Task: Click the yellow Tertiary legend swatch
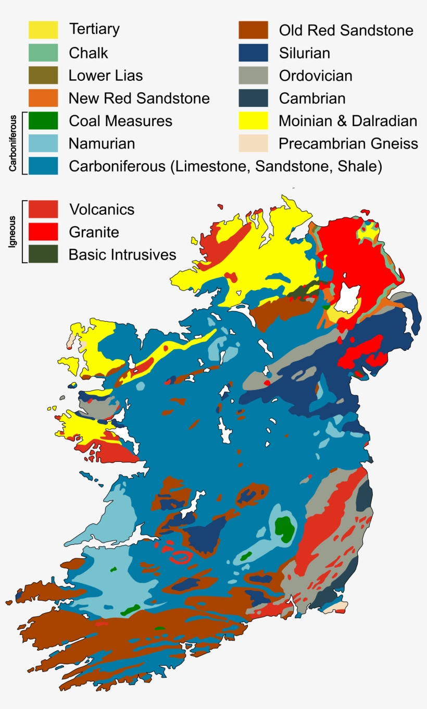point(43,30)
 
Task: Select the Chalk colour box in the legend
point(43,53)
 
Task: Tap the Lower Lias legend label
point(105,76)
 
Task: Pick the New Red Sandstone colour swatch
point(43,98)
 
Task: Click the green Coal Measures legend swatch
point(43,121)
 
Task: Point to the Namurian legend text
point(102,143)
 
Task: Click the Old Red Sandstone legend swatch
point(254,30)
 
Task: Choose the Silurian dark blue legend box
point(254,53)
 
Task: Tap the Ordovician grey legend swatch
point(254,76)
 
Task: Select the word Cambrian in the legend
point(312,98)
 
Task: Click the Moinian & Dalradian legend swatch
point(254,121)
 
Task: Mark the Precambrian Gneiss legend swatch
point(254,143)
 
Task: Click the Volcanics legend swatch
point(43,209)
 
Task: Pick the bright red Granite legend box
point(43,231)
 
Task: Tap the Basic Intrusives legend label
point(122,254)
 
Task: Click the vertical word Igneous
point(11,231)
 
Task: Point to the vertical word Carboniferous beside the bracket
point(11,143)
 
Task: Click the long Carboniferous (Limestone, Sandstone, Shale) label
point(225,166)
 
